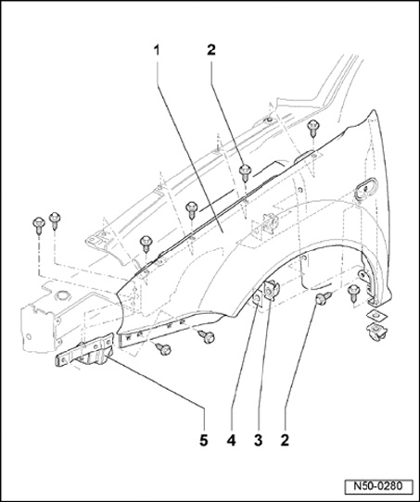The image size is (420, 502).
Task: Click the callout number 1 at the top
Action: (x=157, y=51)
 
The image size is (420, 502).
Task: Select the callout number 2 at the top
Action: (x=211, y=50)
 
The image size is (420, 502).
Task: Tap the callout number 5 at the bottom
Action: (x=203, y=441)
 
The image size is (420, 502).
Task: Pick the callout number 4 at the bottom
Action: (x=231, y=441)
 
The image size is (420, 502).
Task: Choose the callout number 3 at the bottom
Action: (x=258, y=441)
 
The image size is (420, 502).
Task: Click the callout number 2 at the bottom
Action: (x=285, y=441)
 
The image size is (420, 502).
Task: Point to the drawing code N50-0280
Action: (x=378, y=486)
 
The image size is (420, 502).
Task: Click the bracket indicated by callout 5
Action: (x=85, y=352)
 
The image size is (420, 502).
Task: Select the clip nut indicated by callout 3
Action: (x=271, y=289)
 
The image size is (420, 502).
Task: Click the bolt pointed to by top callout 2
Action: (x=246, y=173)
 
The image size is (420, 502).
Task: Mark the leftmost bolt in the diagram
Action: (x=39, y=225)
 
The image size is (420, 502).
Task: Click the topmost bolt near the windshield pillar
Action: (x=312, y=128)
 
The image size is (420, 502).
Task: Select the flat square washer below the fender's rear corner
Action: (x=376, y=315)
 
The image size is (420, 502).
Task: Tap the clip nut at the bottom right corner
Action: (x=376, y=331)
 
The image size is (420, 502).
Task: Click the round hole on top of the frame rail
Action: (x=62, y=295)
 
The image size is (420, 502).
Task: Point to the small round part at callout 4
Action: (x=257, y=299)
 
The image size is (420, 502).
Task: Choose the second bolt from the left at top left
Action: (x=55, y=220)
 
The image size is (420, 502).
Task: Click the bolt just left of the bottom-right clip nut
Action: (x=354, y=293)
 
